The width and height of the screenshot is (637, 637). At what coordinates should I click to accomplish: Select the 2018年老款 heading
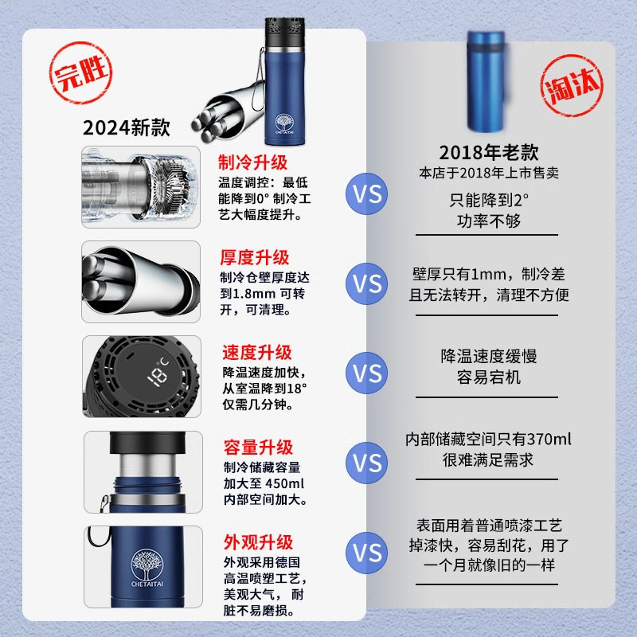coord(489,152)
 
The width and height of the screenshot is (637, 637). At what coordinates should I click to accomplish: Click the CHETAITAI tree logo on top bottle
coord(284,123)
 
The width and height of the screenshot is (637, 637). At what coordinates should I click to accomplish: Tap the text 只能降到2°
coord(489,200)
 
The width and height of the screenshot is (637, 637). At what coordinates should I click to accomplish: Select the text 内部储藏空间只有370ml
coord(489,440)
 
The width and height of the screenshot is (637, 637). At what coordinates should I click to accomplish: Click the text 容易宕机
coord(489,377)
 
